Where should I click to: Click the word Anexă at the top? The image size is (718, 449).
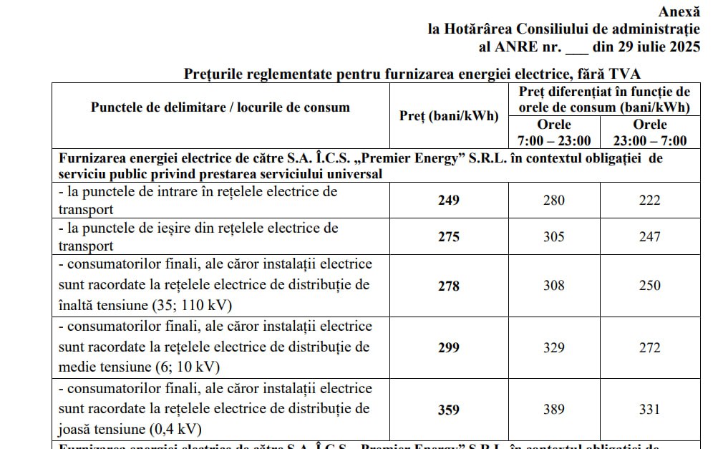coord(679,11)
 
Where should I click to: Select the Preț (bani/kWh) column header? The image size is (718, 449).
coord(448,116)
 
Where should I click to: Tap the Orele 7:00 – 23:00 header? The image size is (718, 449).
coord(553,132)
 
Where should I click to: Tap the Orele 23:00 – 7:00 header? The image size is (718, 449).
coord(649,132)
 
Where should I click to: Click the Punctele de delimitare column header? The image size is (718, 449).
coord(220,107)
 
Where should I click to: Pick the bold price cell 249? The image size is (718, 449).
coord(448,200)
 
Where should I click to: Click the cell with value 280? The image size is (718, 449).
coord(553,200)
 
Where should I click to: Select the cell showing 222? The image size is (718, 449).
coord(649,200)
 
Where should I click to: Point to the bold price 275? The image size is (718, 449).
coord(448,236)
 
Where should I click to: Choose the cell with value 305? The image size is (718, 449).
coord(553,236)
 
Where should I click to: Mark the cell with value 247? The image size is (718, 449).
coord(649,236)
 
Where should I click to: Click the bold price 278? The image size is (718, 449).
coord(448,285)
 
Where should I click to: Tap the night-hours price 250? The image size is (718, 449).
coord(649,285)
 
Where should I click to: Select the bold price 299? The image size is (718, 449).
coord(448,347)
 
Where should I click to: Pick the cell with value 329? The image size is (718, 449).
coord(553,347)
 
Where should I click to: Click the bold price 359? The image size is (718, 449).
coord(448,410)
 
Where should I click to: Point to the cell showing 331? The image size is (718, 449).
coord(649,410)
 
